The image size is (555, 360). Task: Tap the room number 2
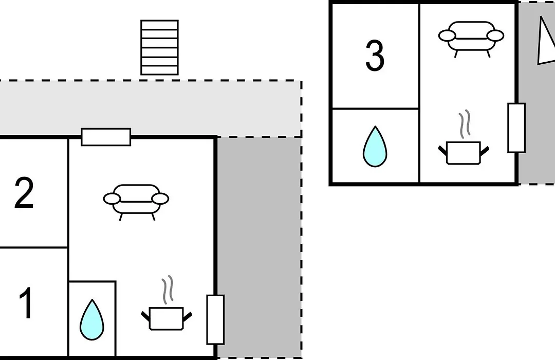point(24,193)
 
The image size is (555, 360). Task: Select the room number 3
point(375,56)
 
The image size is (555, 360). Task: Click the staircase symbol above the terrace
point(159,47)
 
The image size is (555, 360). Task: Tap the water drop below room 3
point(375,147)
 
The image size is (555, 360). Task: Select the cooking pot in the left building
point(166,318)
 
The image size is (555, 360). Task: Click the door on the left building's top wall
point(106,137)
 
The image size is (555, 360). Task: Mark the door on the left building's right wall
point(215,319)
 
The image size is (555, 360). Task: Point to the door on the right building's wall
point(516,128)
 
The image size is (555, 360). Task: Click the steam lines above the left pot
point(168,290)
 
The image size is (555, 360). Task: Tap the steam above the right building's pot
point(465,123)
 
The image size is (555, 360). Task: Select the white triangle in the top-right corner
point(545,41)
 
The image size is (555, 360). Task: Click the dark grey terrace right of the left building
point(259,247)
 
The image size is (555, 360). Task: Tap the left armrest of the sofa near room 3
point(447,36)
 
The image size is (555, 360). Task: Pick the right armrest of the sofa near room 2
point(160,199)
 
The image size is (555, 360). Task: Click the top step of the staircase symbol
point(159,25)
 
